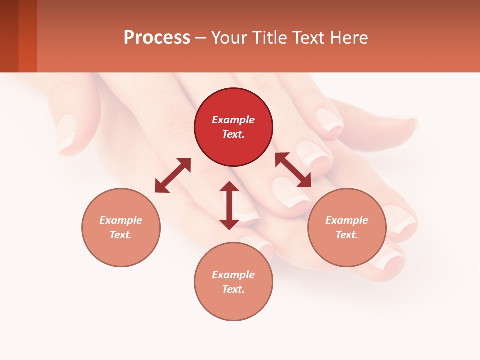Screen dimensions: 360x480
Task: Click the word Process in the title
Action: (x=157, y=38)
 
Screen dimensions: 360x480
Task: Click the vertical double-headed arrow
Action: (x=229, y=206)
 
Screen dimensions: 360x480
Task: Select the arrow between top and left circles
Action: (x=173, y=175)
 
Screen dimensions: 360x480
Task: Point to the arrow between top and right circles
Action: (x=293, y=170)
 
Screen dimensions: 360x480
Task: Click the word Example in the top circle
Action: (x=233, y=120)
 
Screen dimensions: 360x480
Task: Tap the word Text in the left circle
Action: (x=121, y=235)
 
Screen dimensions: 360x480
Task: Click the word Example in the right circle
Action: (x=347, y=220)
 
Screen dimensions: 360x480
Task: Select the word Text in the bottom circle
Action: (x=233, y=289)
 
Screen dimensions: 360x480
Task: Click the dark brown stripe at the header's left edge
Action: (x=9, y=36)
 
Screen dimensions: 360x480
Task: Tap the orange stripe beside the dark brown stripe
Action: (x=28, y=36)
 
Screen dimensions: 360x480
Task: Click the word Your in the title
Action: (x=227, y=38)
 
